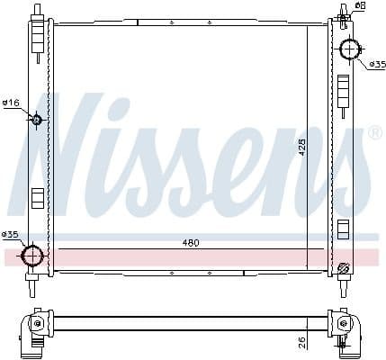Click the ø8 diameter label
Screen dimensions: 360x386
(360, 6)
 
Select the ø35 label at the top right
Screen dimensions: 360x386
(375, 65)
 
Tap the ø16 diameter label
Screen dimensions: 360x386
(11, 103)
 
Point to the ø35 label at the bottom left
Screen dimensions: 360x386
(10, 236)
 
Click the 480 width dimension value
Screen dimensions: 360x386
(190, 243)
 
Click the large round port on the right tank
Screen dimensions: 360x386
(349, 49)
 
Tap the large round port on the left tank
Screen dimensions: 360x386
(33, 256)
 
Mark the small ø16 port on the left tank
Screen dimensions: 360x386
(37, 120)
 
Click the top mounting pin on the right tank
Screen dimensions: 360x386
(344, 12)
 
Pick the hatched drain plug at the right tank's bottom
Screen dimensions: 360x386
(343, 267)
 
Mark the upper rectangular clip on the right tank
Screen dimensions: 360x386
(343, 91)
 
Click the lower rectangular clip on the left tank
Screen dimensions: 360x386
(38, 197)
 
